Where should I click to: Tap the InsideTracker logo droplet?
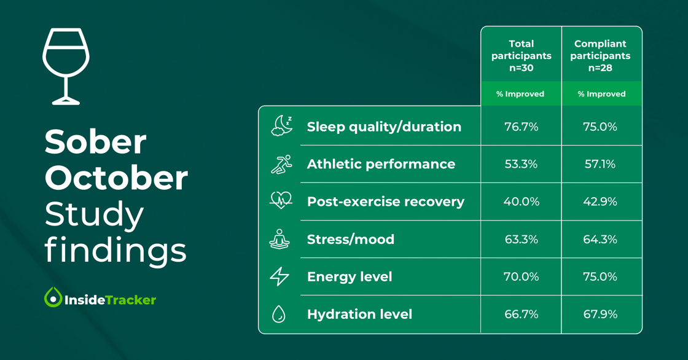tap(53, 297)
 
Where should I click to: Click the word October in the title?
tap(116, 178)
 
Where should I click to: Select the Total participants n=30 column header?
tap(521, 55)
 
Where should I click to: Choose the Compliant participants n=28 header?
tap(600, 55)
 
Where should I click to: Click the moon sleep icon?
tap(281, 125)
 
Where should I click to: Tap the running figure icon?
tap(281, 164)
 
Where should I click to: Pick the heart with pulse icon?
tap(281, 200)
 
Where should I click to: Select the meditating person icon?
tap(279, 239)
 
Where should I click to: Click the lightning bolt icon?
tap(279, 276)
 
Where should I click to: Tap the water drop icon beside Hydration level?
tap(279, 314)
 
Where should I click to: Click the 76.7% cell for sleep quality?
tap(521, 127)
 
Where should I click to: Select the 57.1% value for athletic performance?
tap(600, 164)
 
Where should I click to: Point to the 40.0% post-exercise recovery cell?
tap(521, 202)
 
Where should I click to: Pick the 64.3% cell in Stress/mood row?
tap(600, 239)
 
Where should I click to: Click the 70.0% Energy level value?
tap(521, 276)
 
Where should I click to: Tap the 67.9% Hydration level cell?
tap(600, 314)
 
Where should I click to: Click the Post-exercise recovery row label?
tap(385, 202)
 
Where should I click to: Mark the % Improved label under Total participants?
tap(520, 94)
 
